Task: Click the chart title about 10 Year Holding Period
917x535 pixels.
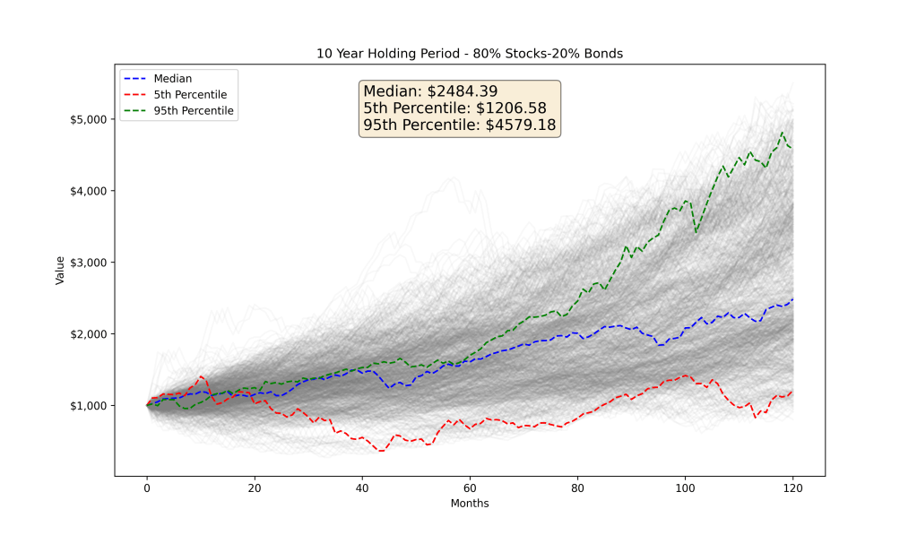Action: point(469,54)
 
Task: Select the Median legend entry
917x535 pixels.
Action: point(171,78)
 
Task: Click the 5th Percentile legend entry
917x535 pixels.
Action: point(190,94)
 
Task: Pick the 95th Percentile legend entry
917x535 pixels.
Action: point(193,110)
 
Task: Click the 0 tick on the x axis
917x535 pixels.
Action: point(147,489)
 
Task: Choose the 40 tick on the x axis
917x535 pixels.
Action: point(362,489)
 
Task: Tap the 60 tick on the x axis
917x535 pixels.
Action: point(470,489)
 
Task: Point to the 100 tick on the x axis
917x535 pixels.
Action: point(685,489)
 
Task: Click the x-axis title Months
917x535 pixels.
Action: point(470,504)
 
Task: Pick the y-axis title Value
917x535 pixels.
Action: point(60,270)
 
